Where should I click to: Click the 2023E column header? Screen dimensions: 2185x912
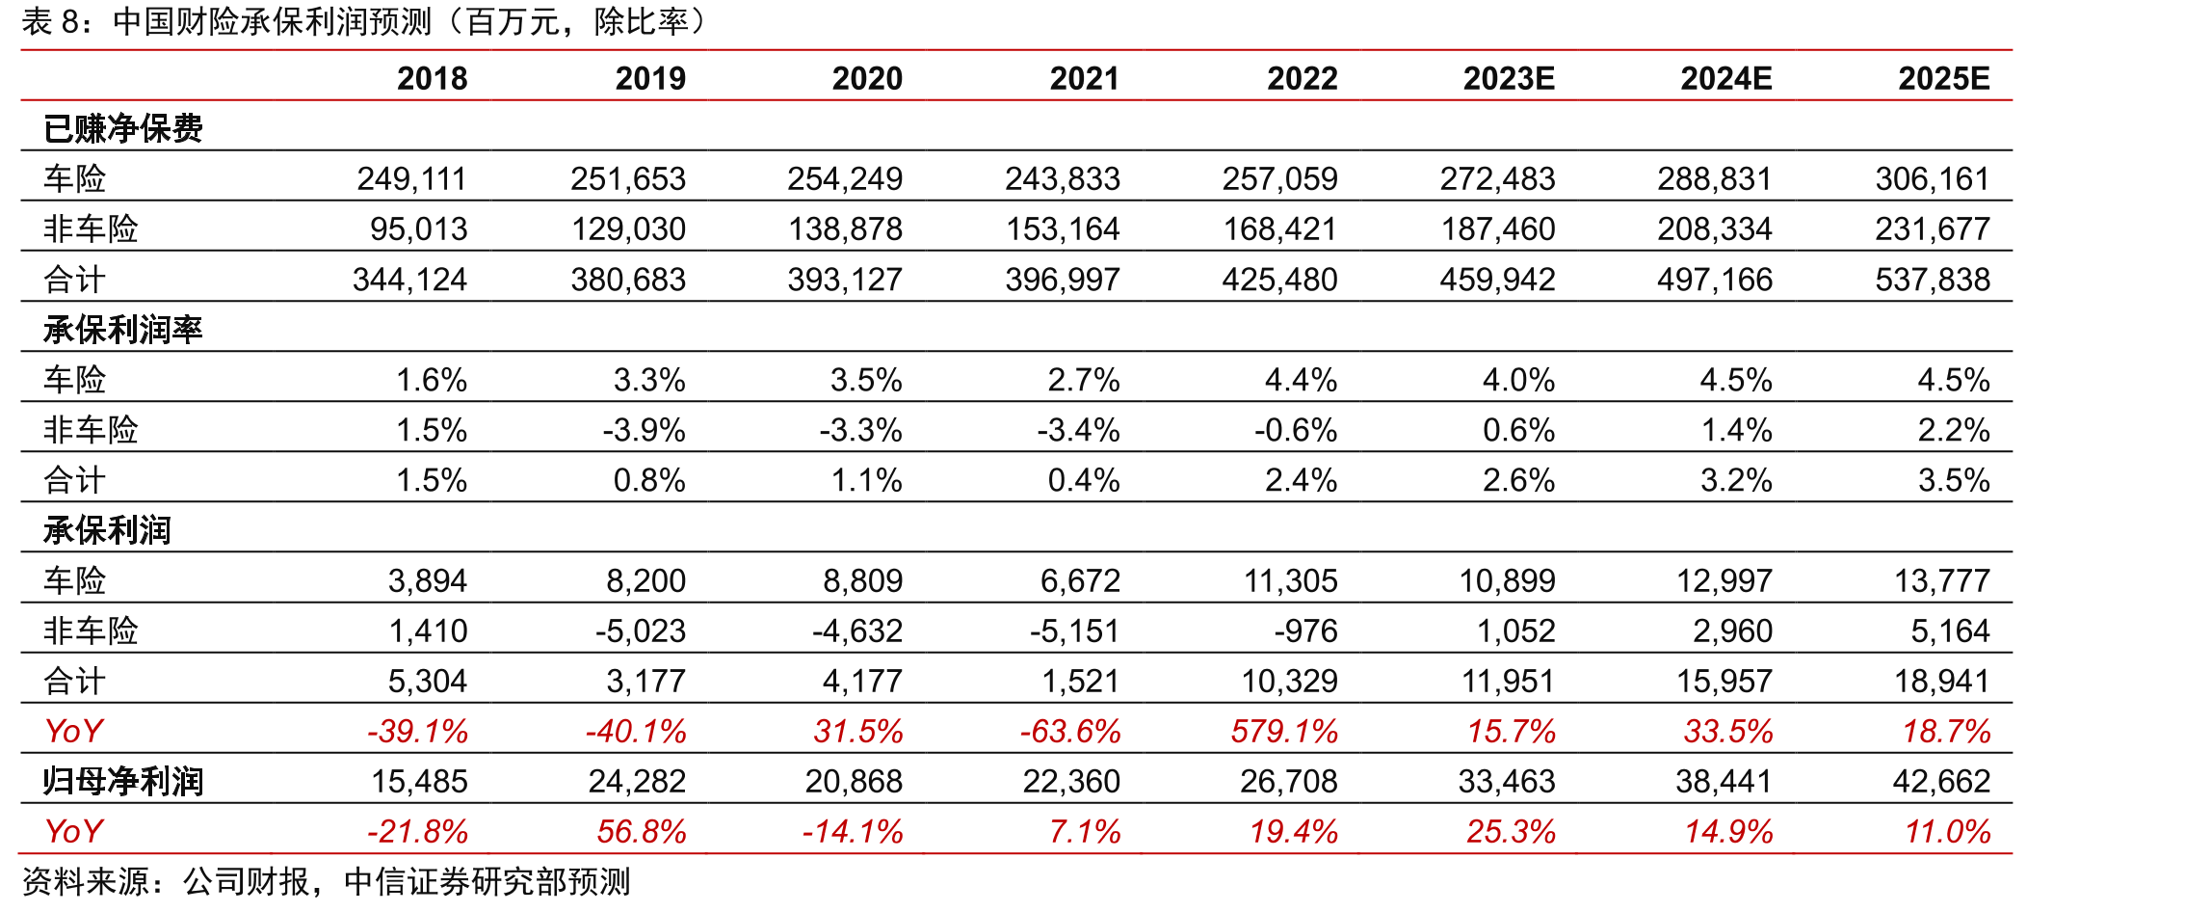coord(1509,78)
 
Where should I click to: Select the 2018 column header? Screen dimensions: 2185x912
coord(433,78)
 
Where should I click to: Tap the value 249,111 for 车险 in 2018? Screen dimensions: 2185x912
coord(411,178)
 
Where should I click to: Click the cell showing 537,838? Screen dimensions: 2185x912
coord(1932,280)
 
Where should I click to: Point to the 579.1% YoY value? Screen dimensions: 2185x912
coord(1284,732)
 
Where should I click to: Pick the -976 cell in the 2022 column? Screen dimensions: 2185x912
coord(1305,630)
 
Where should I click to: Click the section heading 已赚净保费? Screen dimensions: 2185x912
coord(123,128)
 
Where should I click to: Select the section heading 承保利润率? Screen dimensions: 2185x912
coord(123,330)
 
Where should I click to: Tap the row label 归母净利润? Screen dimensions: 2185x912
coord(123,782)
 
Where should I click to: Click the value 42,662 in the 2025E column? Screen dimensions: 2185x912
coord(1941,782)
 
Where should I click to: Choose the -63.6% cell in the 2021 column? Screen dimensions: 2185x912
coord(1070,732)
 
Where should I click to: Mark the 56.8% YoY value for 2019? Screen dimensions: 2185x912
coord(642,832)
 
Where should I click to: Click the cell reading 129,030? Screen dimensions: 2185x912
coord(628,229)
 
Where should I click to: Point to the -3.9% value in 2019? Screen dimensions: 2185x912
coord(644,430)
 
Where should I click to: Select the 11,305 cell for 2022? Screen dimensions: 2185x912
coord(1290,580)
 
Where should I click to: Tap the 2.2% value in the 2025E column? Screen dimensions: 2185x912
coord(1954,430)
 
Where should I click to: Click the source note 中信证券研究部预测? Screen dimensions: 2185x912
coord(487,882)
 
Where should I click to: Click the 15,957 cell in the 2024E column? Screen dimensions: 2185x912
coord(1724,682)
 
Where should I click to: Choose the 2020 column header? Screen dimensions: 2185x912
coord(867,78)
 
